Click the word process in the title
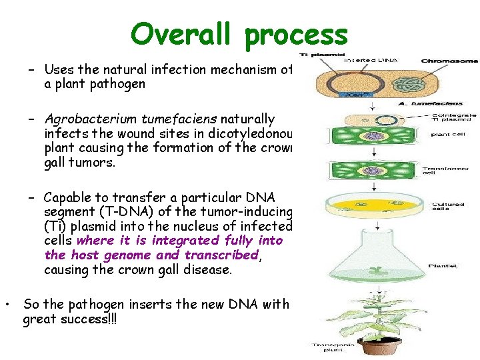tap(297, 35)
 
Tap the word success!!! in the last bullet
tap(82, 319)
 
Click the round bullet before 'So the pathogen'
tap(7, 305)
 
